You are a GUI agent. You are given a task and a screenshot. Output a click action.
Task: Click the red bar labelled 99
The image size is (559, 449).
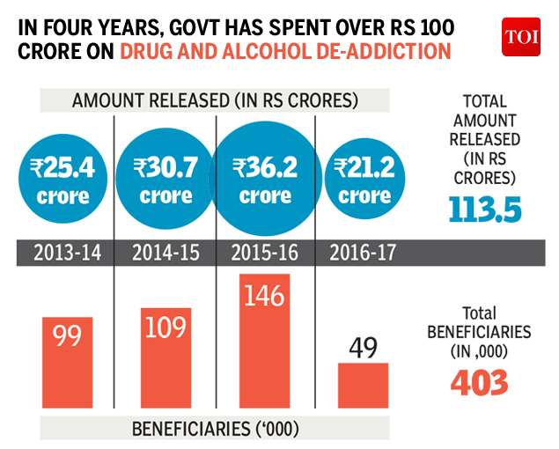pyautogui.click(x=67, y=361)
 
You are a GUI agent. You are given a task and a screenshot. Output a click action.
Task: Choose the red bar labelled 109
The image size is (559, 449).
pyautogui.click(x=165, y=357)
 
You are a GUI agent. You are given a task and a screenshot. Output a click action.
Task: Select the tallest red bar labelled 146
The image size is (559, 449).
pyautogui.click(x=264, y=343)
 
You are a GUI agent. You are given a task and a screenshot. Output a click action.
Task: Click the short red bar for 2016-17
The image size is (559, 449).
pyautogui.click(x=363, y=384)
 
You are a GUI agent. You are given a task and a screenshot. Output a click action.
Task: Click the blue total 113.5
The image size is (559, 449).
pyautogui.click(x=483, y=210)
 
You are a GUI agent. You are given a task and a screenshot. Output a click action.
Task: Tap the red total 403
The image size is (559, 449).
pyautogui.click(x=480, y=381)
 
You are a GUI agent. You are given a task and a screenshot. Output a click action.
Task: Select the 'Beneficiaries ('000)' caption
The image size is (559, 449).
pyautogui.click(x=216, y=429)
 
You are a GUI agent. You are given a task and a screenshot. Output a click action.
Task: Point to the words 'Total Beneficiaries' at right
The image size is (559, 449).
pyautogui.click(x=481, y=323)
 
